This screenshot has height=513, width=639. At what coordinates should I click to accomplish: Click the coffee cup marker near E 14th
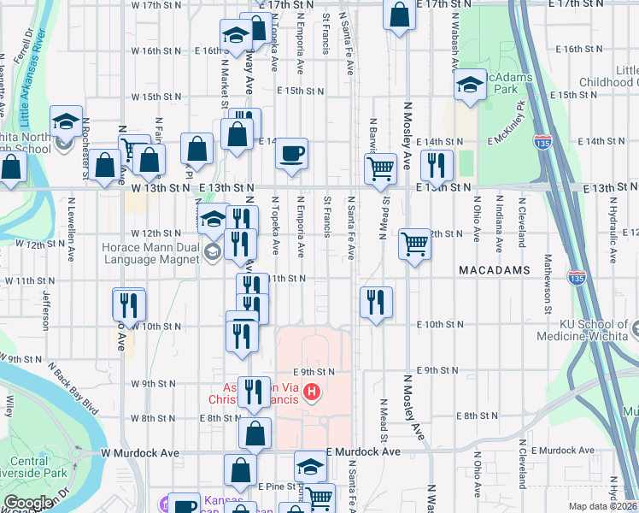tap(292, 155)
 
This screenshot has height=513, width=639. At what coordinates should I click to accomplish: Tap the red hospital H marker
tap(313, 392)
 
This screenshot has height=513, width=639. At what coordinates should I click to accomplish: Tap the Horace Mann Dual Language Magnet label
tap(152, 251)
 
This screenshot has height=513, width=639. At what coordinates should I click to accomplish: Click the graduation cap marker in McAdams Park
tap(469, 85)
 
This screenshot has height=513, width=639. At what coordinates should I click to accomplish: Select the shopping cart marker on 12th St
tap(414, 245)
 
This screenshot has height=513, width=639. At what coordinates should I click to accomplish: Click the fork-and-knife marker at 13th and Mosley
tap(437, 166)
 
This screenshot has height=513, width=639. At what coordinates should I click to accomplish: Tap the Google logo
tap(28, 503)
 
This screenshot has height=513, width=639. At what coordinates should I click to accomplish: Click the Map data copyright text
tap(602, 506)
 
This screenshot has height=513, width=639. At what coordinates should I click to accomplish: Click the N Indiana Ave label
tap(499, 227)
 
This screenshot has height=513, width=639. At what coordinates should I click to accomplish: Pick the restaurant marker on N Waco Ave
tap(129, 304)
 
